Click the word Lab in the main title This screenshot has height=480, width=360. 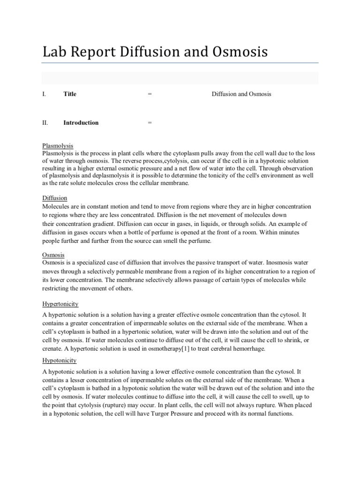54,52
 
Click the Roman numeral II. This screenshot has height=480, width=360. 45,123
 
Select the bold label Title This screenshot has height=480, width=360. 70,94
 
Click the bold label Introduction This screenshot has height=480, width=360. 81,123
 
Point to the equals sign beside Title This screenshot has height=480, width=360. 150,94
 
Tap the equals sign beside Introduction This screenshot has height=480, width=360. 150,123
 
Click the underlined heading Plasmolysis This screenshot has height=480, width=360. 58,146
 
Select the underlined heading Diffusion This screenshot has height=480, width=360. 55,198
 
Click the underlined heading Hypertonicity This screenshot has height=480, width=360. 60,304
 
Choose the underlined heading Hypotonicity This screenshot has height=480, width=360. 60,360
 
